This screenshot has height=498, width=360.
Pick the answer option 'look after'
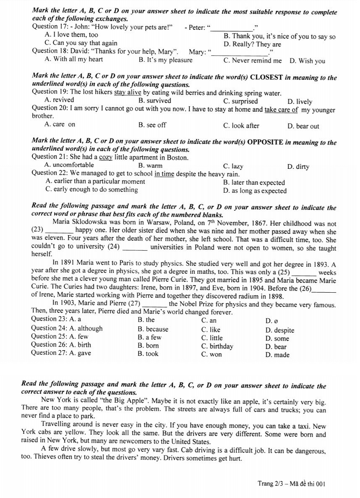pyautogui.click(x=241, y=126)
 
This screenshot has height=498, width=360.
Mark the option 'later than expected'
pyautogui.click(x=254, y=183)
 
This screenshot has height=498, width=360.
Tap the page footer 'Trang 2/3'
pyautogui.click(x=271, y=484)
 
